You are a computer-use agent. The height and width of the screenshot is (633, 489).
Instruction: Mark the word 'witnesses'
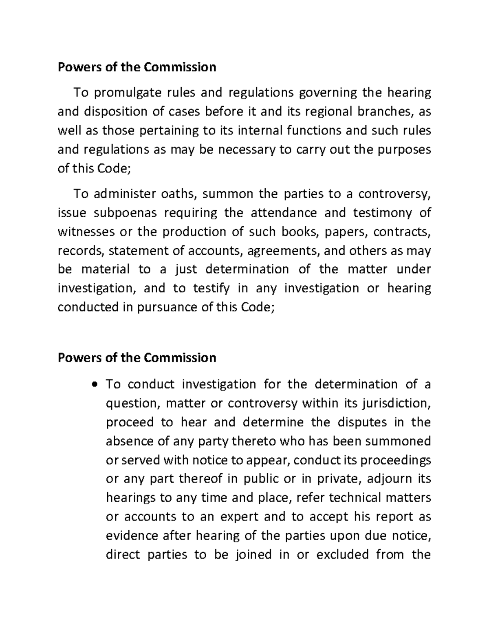85,232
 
